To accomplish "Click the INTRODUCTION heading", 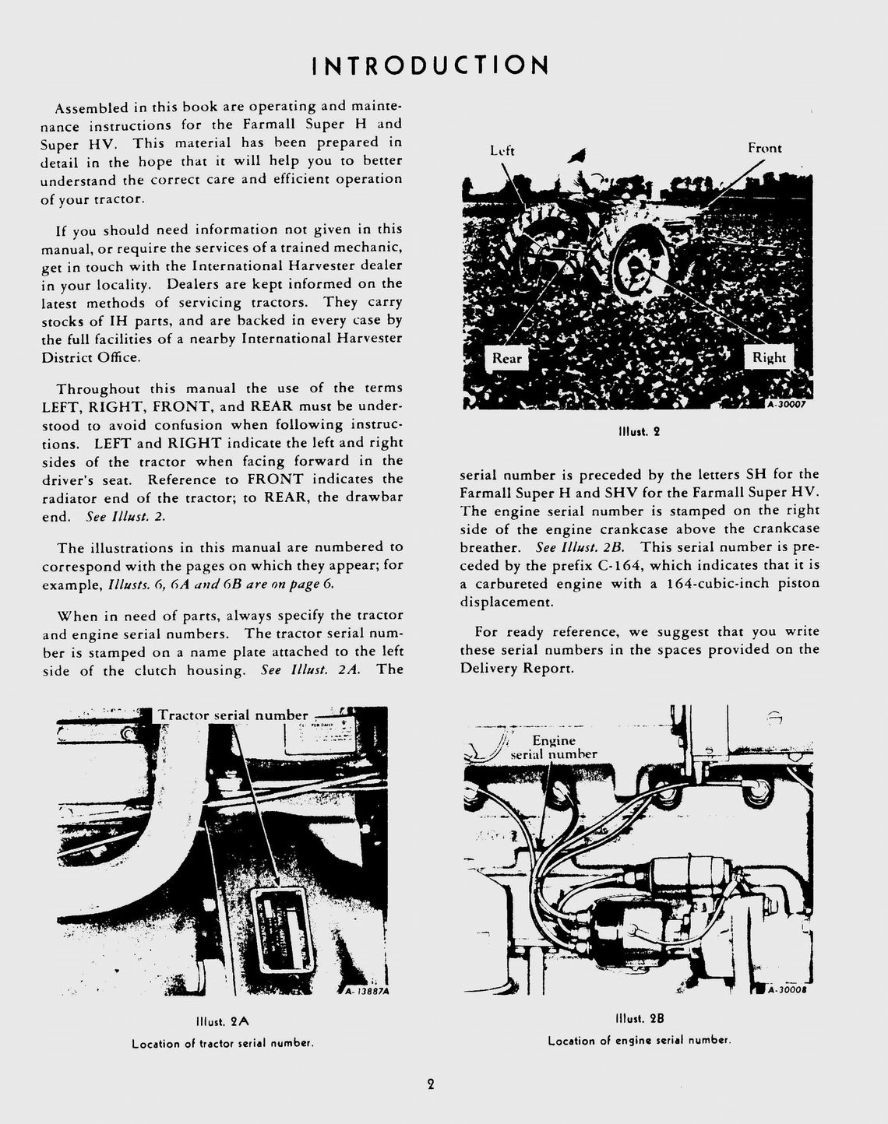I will (431, 65).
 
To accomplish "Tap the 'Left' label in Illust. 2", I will (502, 150).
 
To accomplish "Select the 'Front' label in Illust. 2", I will (764, 148).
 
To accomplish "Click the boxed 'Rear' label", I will (506, 358).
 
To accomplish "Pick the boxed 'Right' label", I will (768, 357).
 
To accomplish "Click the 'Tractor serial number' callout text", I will (233, 715).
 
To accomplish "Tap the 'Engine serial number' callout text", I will (553, 747).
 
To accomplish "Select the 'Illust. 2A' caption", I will (223, 1020).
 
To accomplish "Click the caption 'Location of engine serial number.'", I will (639, 1041).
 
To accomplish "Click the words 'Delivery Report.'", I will (507, 668).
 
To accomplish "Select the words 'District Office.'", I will (91, 357).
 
